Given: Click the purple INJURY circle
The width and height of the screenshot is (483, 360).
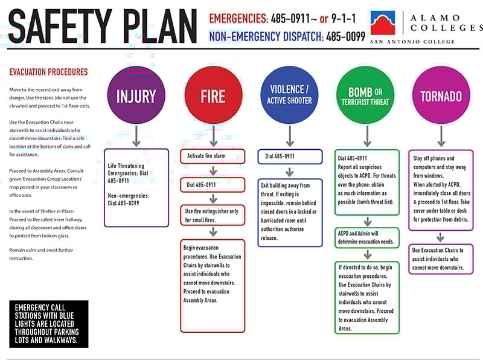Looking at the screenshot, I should tap(136, 95).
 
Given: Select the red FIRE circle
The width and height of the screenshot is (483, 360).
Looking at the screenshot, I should tap(213, 95).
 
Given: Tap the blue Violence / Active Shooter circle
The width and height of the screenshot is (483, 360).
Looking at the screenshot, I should tap(290, 95).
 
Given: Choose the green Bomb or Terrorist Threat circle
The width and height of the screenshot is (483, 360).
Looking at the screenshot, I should tap(365, 95).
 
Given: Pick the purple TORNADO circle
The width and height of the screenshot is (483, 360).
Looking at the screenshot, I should tap(441, 95).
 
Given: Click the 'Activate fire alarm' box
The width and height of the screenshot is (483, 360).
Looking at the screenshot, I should tap(213, 156).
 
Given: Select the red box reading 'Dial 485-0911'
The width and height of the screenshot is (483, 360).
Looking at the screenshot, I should tap(213, 185).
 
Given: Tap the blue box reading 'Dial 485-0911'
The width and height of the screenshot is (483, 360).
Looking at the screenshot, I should tap(290, 156).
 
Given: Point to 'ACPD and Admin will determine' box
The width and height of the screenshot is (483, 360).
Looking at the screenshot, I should tap(367, 237).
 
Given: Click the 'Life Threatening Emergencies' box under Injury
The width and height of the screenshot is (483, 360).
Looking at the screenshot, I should tap(136, 187).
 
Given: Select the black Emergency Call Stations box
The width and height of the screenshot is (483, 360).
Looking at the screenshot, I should tap(49, 324).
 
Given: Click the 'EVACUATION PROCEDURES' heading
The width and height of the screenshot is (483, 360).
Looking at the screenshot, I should tap(48, 72).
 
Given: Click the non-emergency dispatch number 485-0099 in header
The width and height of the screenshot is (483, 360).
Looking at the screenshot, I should tap(345, 36).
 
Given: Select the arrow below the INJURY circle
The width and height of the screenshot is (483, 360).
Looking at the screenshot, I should tap(136, 136).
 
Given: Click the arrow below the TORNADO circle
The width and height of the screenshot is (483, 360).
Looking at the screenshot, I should tap(441, 136).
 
